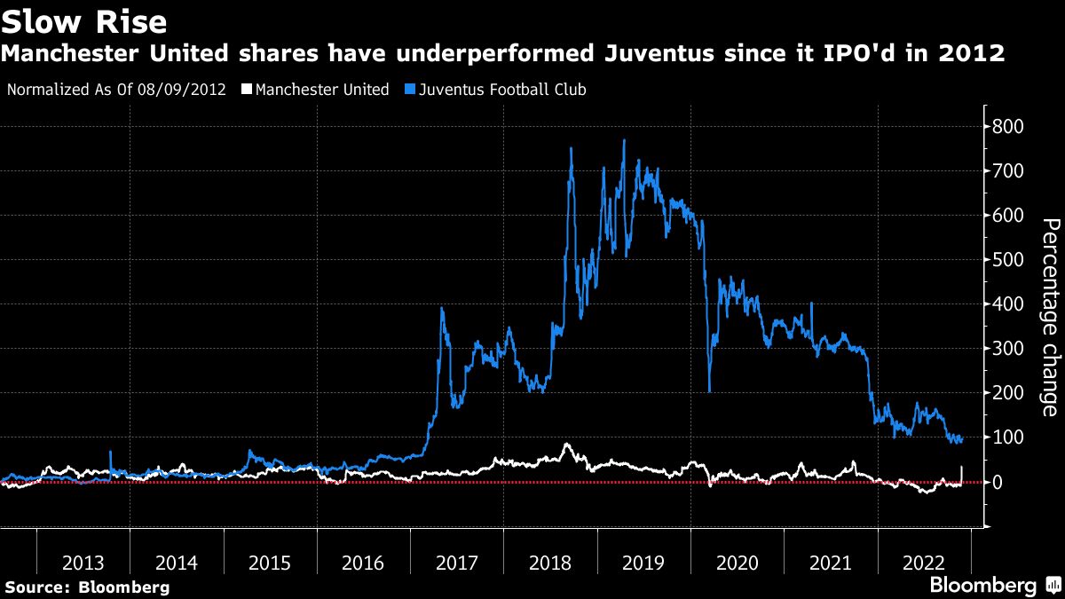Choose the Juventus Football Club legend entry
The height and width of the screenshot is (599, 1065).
click(502, 90)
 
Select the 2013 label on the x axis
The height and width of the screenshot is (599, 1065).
click(83, 563)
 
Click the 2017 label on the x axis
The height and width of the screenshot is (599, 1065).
click(456, 563)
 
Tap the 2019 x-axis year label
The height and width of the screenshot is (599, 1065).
click(643, 563)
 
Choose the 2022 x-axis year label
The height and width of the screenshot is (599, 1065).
click(924, 563)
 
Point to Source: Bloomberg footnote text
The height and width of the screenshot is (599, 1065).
click(86, 587)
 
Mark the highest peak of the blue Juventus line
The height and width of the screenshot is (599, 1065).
click(624, 140)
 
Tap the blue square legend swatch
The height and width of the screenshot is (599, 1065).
click(409, 90)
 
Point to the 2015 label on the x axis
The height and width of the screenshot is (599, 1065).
click(270, 563)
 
